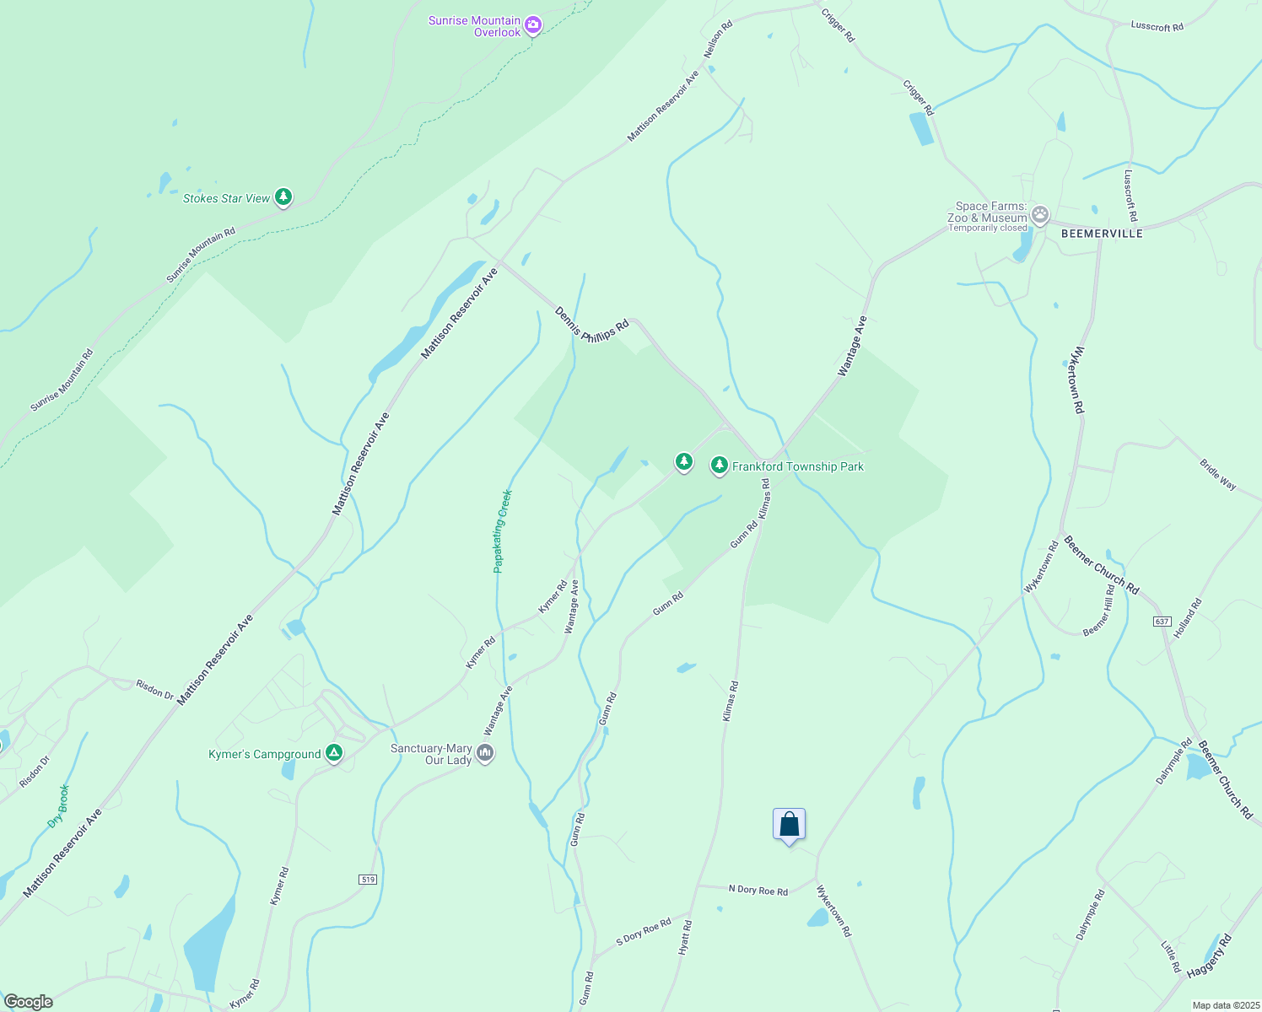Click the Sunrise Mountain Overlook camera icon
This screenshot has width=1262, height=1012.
point(532,25)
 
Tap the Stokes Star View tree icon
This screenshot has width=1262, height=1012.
point(284,198)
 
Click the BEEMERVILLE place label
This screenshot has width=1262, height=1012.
point(1102,234)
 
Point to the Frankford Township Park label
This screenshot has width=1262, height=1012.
point(797,466)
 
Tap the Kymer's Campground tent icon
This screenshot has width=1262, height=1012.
point(334,753)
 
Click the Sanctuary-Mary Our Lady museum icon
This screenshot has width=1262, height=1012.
point(485,752)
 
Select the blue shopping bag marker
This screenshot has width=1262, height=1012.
point(789,824)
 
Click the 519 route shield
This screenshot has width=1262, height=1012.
point(367,880)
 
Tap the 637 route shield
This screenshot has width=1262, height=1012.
point(1162,622)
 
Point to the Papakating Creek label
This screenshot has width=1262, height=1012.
point(503,531)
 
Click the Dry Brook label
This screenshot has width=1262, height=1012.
point(58,806)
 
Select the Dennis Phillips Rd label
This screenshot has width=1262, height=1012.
point(591,325)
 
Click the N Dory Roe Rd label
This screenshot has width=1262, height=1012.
point(758,890)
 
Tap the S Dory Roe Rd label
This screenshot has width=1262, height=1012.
point(644,931)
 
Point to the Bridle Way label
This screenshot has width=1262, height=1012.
point(1217,474)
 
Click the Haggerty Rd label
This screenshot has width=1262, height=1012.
point(1209,956)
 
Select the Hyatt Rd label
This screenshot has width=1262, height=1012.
point(685,937)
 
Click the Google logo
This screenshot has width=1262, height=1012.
point(28,1002)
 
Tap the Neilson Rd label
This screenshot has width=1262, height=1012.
point(718,39)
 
